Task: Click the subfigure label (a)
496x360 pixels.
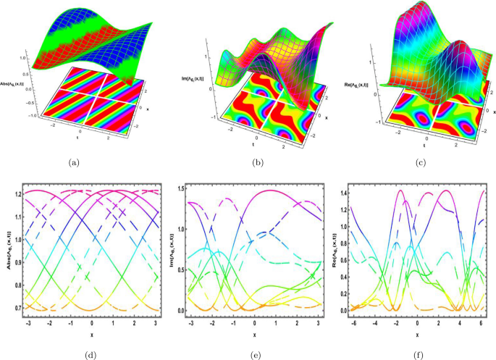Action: (x=75, y=164)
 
